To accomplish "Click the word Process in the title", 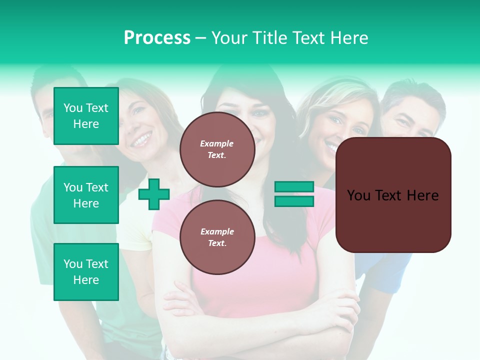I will coord(157,38).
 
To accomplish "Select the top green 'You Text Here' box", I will coord(86,116).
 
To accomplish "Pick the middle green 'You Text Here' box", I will coord(86,195).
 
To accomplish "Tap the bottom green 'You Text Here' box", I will coord(86,272).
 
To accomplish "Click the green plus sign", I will coord(154,194).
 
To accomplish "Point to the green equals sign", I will coord(294,194).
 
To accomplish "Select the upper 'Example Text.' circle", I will coord(217,149).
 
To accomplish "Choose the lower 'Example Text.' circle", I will coord(217,237).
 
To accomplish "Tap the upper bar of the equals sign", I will coord(294,186).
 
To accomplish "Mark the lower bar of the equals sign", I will coord(294,201).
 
